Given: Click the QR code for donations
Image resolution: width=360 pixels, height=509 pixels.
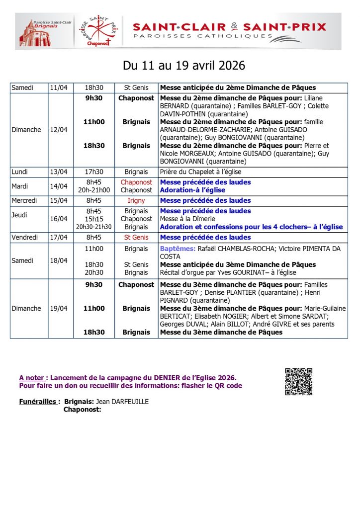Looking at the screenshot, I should click(x=298, y=382).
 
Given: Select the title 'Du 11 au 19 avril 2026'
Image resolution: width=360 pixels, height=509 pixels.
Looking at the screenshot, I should click(x=184, y=66).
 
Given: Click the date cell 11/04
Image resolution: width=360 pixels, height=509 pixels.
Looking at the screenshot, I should click(x=59, y=88).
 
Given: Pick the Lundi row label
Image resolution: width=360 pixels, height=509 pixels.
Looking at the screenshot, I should click(x=22, y=172).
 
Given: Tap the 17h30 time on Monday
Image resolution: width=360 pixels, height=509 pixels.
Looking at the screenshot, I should click(x=94, y=172).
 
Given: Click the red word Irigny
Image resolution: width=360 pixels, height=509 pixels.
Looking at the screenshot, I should click(x=136, y=201).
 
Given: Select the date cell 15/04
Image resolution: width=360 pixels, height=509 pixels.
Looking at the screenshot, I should click(x=59, y=201).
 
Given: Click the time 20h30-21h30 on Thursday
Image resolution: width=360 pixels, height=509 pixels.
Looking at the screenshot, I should click(x=94, y=227).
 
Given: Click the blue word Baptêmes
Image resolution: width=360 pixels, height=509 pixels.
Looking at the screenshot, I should click(x=177, y=249).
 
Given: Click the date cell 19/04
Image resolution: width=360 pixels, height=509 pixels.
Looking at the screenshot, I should click(x=59, y=308).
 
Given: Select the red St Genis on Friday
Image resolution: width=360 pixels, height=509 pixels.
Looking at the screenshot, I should click(x=136, y=238).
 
